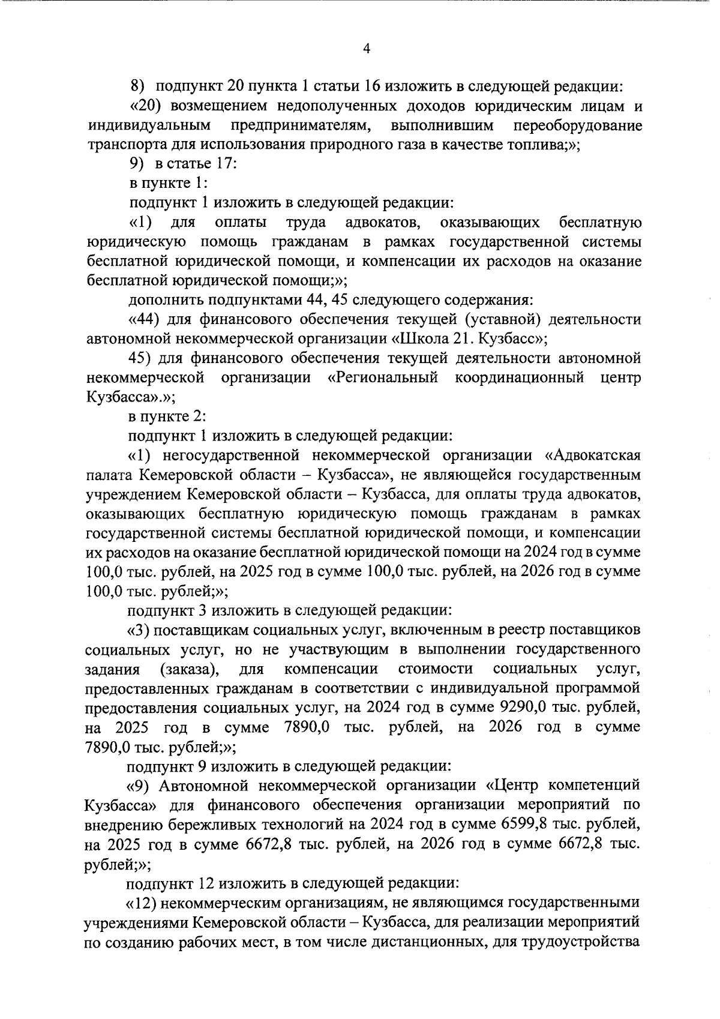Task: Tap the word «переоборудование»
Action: point(578,126)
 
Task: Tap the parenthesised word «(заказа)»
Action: point(188,669)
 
